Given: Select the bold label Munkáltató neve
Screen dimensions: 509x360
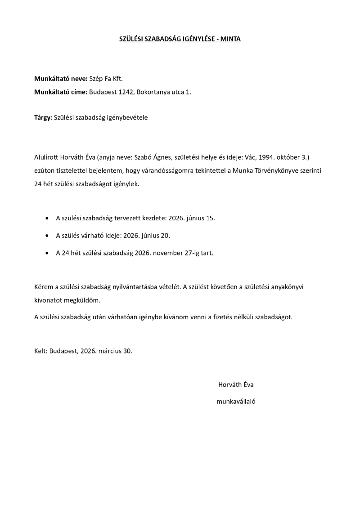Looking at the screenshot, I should [x=60, y=79].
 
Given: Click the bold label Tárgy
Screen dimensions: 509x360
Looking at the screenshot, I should [x=43, y=118].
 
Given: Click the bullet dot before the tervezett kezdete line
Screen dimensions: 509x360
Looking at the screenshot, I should [x=48, y=219].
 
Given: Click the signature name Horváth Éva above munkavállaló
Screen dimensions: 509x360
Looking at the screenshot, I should [x=236, y=384].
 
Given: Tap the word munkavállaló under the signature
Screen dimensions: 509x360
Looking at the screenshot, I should [x=236, y=402].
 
